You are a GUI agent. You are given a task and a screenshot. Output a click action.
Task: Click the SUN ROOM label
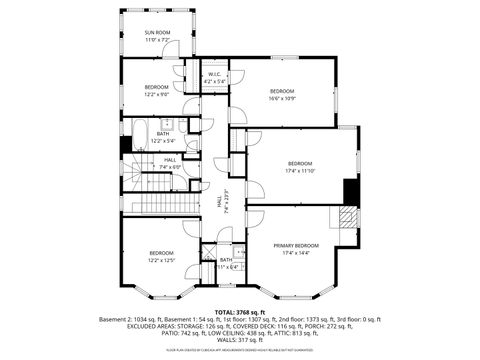point(158,32)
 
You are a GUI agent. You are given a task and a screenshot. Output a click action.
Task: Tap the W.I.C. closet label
point(214,74)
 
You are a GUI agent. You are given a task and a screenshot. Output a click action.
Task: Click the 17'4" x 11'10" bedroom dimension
point(300,171)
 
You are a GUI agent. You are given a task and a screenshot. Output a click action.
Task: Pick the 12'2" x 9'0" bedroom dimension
point(158,94)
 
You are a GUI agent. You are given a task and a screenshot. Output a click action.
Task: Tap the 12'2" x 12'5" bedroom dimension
point(162,260)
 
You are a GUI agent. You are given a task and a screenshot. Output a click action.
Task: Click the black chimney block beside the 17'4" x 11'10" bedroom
point(350,190)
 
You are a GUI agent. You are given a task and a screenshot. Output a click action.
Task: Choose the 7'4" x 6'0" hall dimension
point(170,166)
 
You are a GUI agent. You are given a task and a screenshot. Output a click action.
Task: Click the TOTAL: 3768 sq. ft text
point(240,312)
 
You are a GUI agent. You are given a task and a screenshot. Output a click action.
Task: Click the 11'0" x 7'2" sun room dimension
point(158,40)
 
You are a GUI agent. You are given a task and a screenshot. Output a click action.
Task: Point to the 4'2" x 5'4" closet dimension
point(214,81)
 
